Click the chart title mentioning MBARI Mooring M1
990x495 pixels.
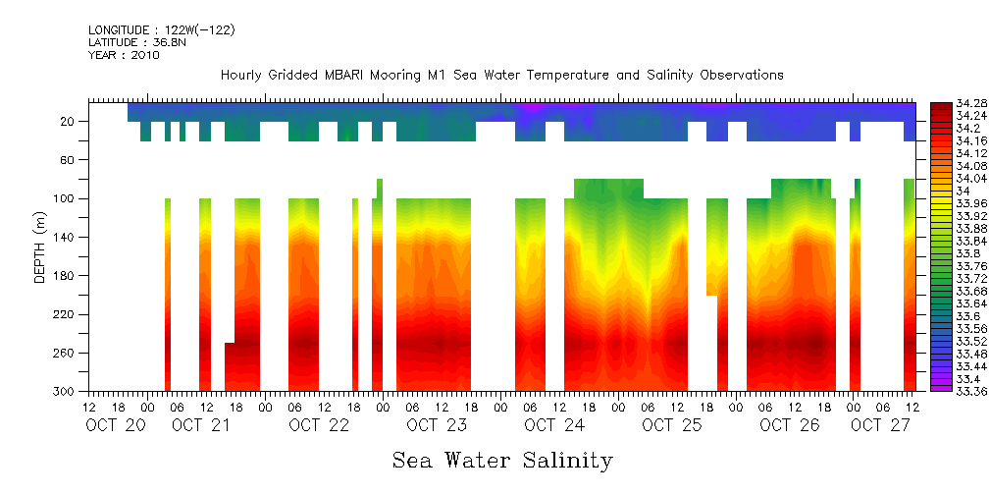(501, 76)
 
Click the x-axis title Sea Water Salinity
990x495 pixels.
(502, 460)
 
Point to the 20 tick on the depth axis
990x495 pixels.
(70, 122)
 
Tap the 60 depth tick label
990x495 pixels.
(70, 160)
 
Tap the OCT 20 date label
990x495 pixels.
(117, 425)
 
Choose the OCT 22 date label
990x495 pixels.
(319, 425)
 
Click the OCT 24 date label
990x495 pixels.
(553, 425)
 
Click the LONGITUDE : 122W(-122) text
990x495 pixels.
(162, 30)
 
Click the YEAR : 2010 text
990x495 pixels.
(124, 56)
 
